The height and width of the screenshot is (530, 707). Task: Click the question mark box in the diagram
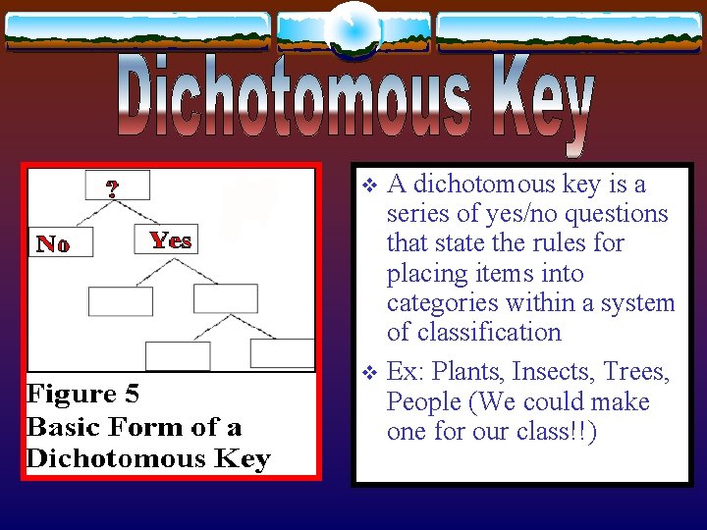[116, 186]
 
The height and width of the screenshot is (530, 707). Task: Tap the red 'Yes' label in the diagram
[170, 239]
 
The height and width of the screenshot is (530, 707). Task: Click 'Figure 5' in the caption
[83, 395]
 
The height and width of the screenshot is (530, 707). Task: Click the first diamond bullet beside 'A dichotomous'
[369, 185]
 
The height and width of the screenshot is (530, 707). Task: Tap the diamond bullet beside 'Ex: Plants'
[369, 374]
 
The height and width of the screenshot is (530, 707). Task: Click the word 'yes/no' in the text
[486, 214]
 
